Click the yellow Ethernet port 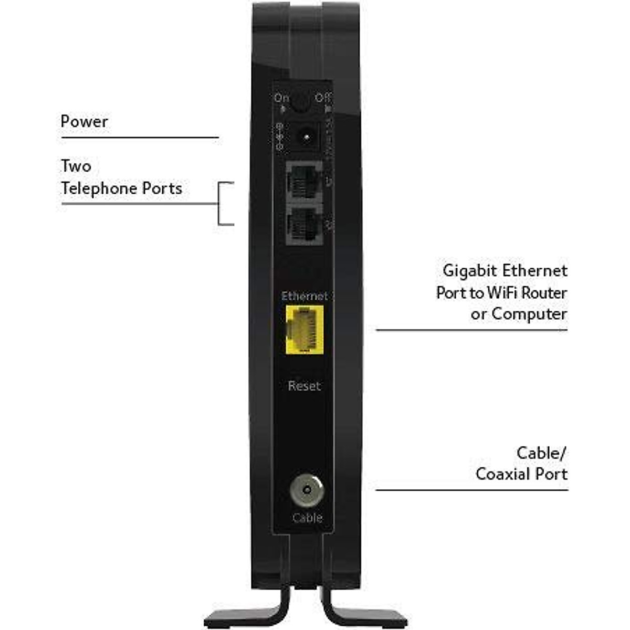coord(304,330)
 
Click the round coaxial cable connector coord(307,491)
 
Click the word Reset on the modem coord(304,386)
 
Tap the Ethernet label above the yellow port coord(304,296)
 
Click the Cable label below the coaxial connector coord(307,518)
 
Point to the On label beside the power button coord(282,98)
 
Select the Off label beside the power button coord(323,98)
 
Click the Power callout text coord(84,122)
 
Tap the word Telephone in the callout coord(99,188)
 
